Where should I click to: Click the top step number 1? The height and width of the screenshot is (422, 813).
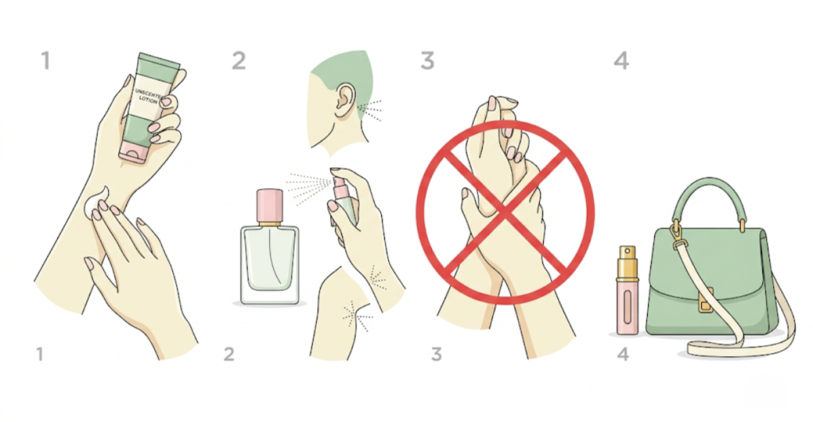click(45, 61)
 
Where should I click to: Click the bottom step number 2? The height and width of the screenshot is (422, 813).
click(229, 354)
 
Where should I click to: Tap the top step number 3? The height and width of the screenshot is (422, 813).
click(428, 60)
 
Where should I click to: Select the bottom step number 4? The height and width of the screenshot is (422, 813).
click(623, 354)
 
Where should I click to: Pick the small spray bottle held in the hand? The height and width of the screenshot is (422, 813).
click(339, 202)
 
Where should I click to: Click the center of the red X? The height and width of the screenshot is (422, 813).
click(506, 208)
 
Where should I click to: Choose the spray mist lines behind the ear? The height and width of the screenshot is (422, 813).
click(369, 109)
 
